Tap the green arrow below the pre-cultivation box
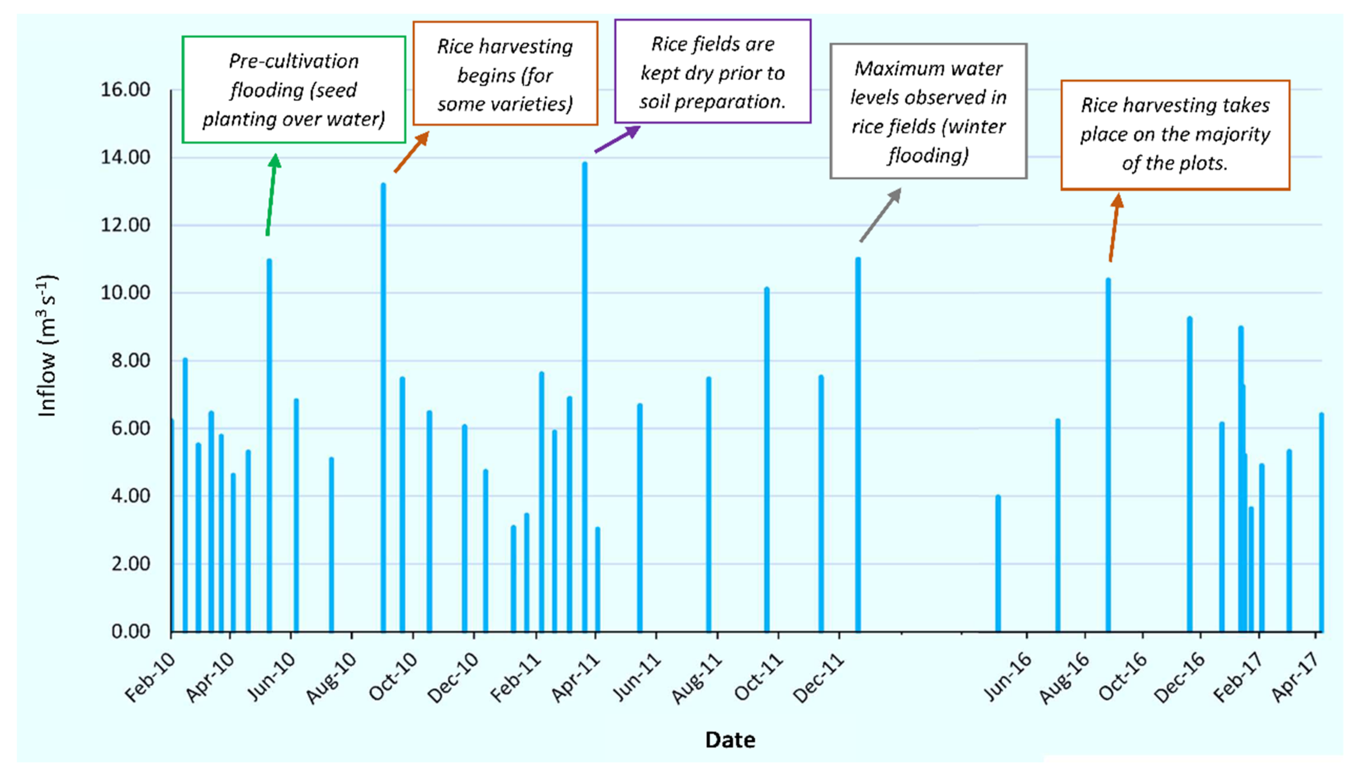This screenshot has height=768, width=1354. pyautogui.click(x=272, y=195)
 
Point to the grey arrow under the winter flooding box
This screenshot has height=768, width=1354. pyautogui.click(x=880, y=215)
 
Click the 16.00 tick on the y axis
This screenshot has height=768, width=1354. pyautogui.click(x=126, y=90)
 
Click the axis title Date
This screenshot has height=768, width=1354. pyautogui.click(x=730, y=740)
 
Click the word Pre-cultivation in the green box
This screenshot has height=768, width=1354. pyautogui.click(x=293, y=61)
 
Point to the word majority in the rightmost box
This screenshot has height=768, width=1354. pyautogui.click(x=1237, y=134)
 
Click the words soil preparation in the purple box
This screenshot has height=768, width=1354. pyautogui.click(x=712, y=101)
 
